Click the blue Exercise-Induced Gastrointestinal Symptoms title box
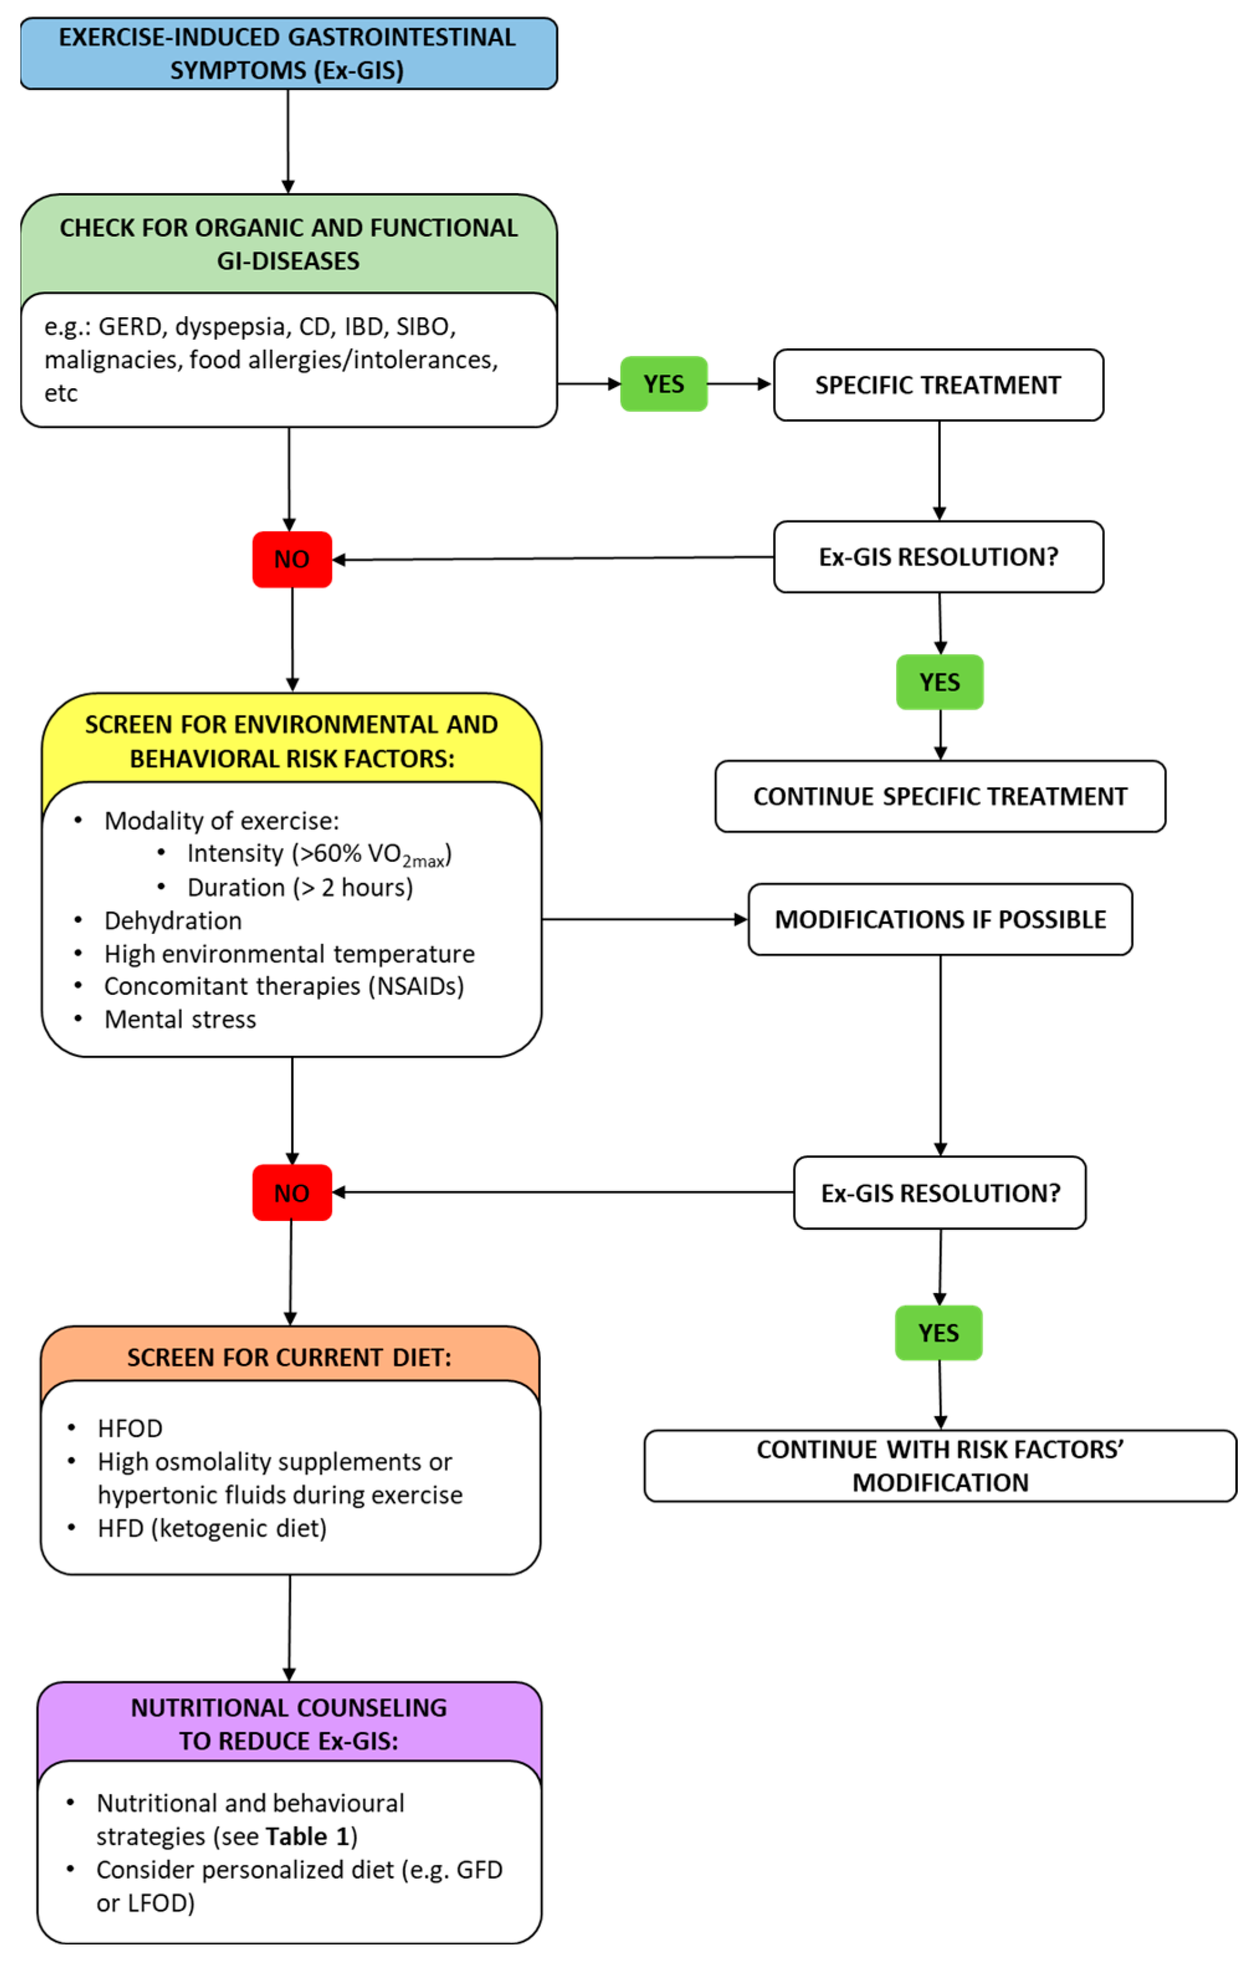tap(288, 53)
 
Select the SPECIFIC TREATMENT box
tap(938, 384)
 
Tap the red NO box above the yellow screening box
tap(291, 559)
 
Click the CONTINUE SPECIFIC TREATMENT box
tap(940, 796)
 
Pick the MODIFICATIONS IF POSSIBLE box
tap(940, 919)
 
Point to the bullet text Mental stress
tap(179, 1019)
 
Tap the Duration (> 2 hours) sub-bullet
tap(299, 887)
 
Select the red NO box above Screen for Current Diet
tap(291, 1192)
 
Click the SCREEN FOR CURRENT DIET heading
tap(289, 1356)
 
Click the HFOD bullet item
tap(130, 1428)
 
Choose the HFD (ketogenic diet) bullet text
tap(211, 1528)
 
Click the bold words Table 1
tap(308, 1836)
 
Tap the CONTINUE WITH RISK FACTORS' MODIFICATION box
tap(940, 1466)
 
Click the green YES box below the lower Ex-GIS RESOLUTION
tap(938, 1333)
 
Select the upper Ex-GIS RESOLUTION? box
tap(938, 556)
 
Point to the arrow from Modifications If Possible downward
tap(940, 1053)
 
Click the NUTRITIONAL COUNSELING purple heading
tap(289, 1723)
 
